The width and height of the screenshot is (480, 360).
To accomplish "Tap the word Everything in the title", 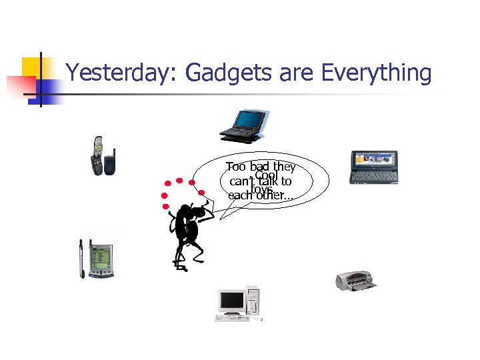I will (x=376, y=73).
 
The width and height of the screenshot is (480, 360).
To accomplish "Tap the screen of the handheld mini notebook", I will (x=374, y=161).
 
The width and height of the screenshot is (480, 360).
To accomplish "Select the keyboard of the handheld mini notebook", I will (x=374, y=177).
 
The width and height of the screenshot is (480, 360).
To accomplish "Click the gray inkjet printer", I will (x=355, y=281).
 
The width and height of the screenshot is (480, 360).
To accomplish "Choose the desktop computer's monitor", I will (x=231, y=302).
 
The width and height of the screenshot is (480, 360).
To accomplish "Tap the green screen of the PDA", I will (x=101, y=257).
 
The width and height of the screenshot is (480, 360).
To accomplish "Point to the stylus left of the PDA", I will (x=82, y=259).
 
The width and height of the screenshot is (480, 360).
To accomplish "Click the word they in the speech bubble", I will (x=283, y=167).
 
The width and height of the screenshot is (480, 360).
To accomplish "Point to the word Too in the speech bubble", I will (x=235, y=167).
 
